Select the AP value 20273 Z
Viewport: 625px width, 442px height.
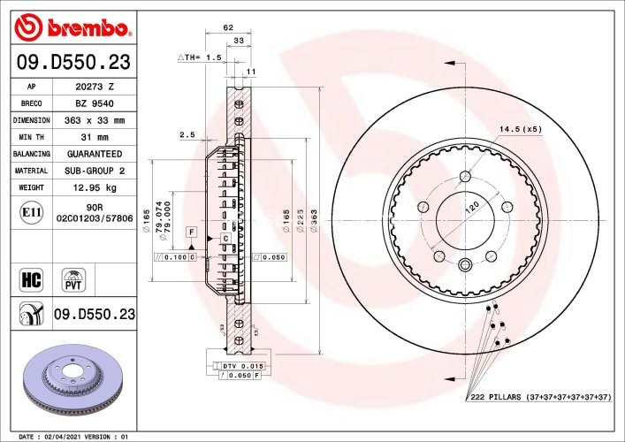[x=95, y=87]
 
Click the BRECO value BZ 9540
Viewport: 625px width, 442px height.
[x=95, y=103]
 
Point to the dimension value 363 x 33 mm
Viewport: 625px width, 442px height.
[x=95, y=120]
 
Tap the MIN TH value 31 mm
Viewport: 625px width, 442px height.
[x=95, y=137]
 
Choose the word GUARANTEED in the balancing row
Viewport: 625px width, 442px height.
[x=95, y=154]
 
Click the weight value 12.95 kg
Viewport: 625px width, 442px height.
[x=95, y=187]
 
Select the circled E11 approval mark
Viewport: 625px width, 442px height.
[x=31, y=212]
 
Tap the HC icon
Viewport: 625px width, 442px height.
[x=31, y=281]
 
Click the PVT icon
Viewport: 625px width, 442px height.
[x=74, y=281]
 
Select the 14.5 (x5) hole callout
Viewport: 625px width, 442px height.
[x=520, y=129]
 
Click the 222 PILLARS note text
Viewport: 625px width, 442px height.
[x=538, y=399]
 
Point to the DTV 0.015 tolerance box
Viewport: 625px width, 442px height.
[x=241, y=365]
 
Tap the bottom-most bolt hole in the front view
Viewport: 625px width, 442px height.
[x=465, y=263]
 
